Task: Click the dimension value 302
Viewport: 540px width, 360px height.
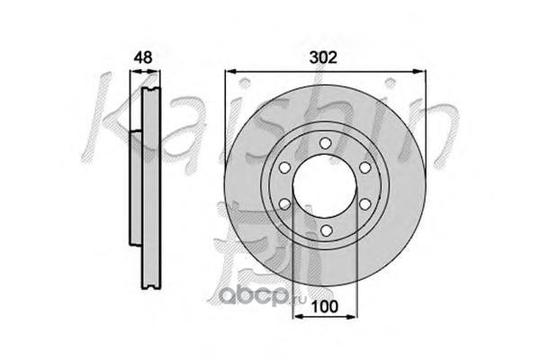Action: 323,58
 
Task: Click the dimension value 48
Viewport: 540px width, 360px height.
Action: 143,58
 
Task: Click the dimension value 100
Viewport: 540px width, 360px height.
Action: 324,306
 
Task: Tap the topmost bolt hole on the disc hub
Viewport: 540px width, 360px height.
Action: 325,143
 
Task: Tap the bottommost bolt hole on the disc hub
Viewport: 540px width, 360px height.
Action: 325,230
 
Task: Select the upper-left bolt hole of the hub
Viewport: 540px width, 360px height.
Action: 284,167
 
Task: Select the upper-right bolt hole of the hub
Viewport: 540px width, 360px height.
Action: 364,167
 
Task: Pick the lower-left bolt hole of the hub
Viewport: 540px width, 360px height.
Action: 284,204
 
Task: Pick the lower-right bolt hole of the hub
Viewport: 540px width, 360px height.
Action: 364,204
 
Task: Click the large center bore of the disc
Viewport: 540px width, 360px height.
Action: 324,186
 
